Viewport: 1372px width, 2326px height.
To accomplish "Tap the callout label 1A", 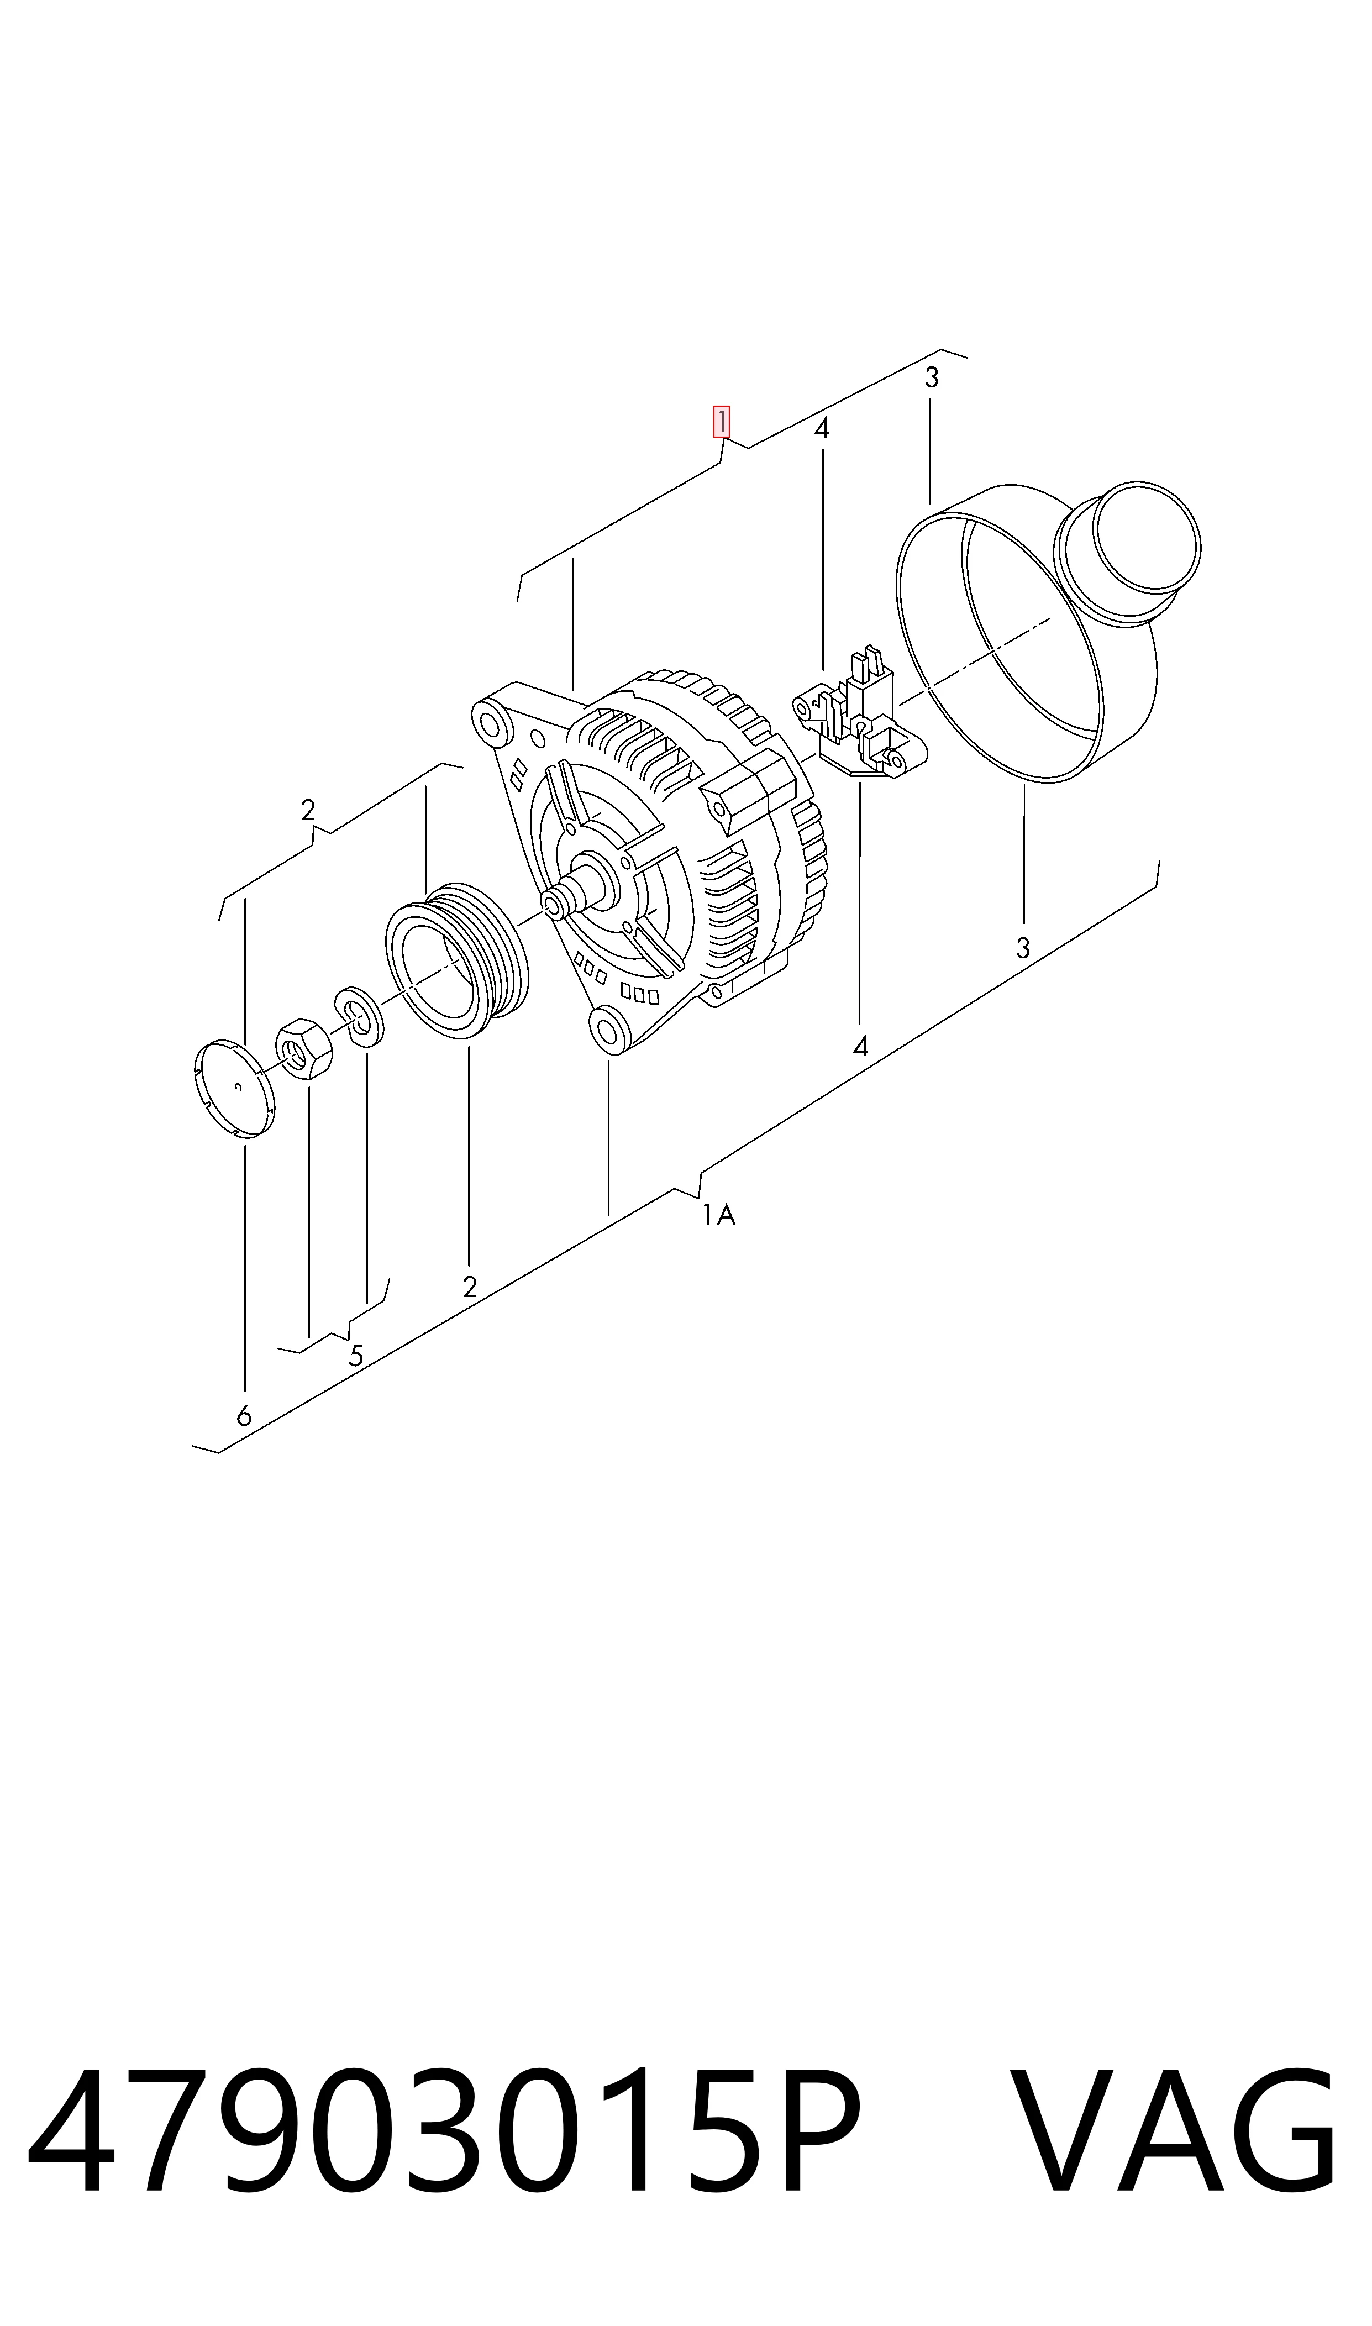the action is click(718, 1214).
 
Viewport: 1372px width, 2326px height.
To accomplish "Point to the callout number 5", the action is click(356, 1355).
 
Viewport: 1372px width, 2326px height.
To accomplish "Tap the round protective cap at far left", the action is click(236, 1088).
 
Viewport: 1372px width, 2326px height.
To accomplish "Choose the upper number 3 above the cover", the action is click(932, 377).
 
